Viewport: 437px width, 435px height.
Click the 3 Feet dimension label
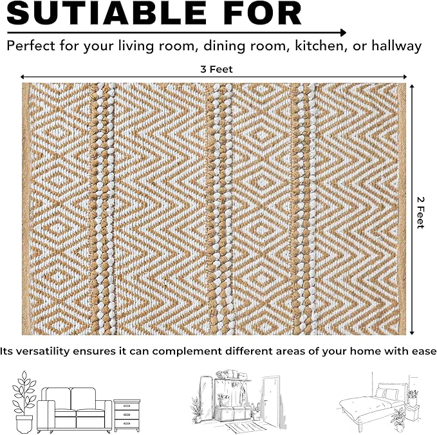click(216, 69)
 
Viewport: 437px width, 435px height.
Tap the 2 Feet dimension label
click(420, 212)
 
